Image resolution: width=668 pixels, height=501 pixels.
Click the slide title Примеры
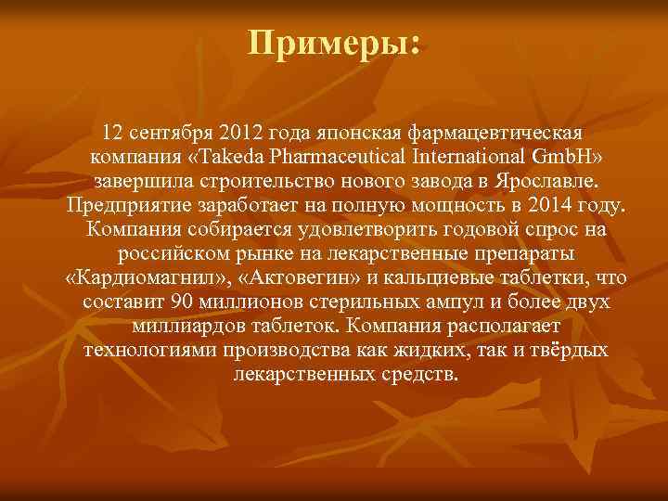pyautogui.click(x=334, y=44)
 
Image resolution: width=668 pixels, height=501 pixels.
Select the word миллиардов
pyautogui.click(x=188, y=327)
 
